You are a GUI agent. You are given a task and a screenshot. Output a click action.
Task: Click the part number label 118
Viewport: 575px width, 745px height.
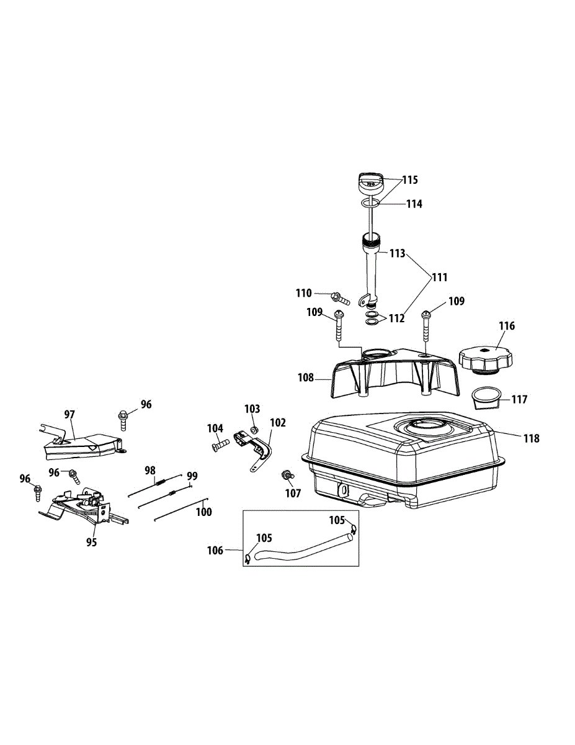[532, 438]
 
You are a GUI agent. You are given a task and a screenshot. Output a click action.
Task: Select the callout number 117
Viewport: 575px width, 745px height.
[519, 399]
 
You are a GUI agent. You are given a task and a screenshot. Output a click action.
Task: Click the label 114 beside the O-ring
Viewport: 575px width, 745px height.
[414, 204]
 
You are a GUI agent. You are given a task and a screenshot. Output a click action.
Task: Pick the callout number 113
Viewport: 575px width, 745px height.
[397, 253]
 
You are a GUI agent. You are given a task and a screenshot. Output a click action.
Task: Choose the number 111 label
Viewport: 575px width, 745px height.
[440, 277]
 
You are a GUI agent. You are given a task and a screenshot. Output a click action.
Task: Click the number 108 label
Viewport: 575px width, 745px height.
[306, 377]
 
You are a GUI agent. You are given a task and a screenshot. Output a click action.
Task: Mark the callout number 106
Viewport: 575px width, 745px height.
[215, 550]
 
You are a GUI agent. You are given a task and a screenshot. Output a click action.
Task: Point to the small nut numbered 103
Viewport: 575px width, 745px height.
[254, 430]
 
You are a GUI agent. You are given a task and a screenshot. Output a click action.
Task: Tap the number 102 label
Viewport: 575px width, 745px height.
[278, 422]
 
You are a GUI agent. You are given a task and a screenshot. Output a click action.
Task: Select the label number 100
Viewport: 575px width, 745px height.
[204, 512]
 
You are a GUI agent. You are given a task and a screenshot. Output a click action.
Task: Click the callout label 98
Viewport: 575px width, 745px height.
[150, 470]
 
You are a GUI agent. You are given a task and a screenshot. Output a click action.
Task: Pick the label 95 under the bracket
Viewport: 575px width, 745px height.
[92, 542]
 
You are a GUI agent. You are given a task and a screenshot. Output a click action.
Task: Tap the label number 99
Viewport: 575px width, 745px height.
[192, 476]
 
